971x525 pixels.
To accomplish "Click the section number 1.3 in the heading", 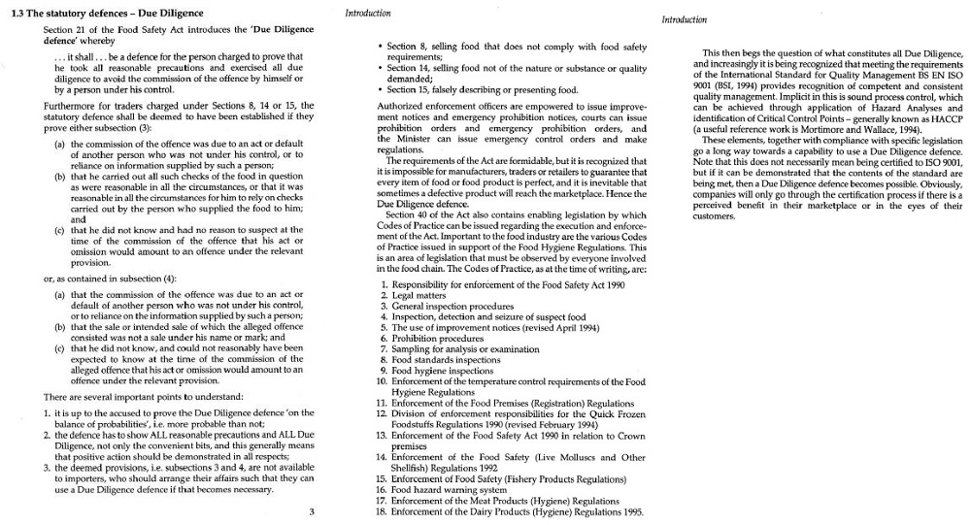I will click(15, 14).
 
